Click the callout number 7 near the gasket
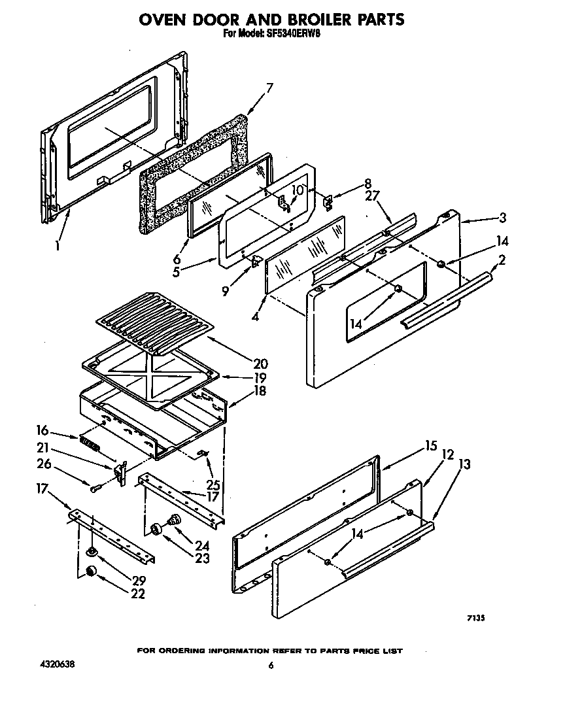click(269, 88)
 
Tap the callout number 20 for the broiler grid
click(260, 364)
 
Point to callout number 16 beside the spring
click(43, 430)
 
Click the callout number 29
click(138, 580)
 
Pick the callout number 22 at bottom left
click(137, 594)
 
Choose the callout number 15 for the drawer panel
click(430, 446)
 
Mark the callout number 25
click(213, 485)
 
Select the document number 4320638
click(56, 665)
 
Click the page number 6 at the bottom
click(270, 666)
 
